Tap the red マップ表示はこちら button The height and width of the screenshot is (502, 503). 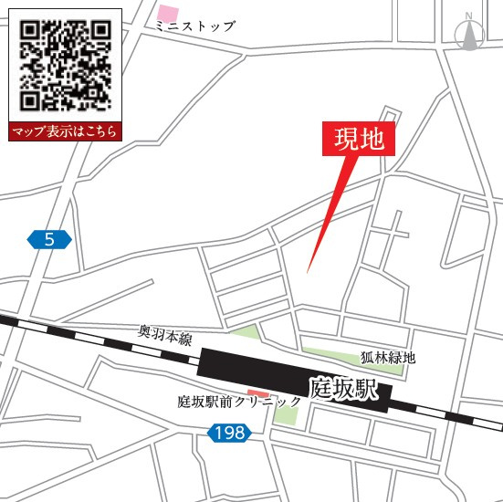[65, 131]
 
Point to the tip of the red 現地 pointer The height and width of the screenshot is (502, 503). [309, 271]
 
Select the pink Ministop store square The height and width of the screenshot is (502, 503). [168, 14]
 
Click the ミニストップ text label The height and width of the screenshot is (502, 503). [194, 27]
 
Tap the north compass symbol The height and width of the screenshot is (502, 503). [468, 35]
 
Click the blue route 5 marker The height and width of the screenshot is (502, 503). [49, 240]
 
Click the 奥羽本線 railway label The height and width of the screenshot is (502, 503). [165, 336]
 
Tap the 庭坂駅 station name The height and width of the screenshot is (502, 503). [343, 387]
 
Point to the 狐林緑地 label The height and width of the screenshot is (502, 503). [387, 357]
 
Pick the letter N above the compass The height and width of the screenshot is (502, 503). [468, 16]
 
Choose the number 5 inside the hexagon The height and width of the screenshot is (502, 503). [49, 240]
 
